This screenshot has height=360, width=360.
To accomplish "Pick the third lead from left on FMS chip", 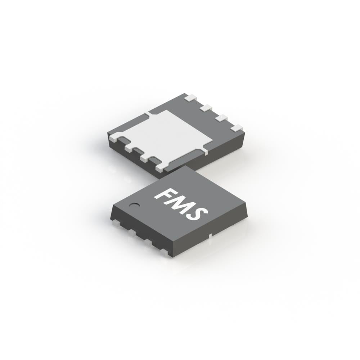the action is (x=148, y=243).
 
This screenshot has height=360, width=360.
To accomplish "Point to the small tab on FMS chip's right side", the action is (x=210, y=236).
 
